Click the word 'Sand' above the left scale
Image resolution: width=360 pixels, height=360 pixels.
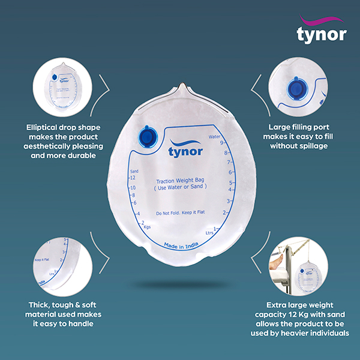coord(135,171)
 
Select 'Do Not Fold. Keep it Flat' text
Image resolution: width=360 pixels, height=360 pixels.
coord(181,214)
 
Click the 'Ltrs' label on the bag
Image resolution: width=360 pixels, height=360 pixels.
coord(209,232)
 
